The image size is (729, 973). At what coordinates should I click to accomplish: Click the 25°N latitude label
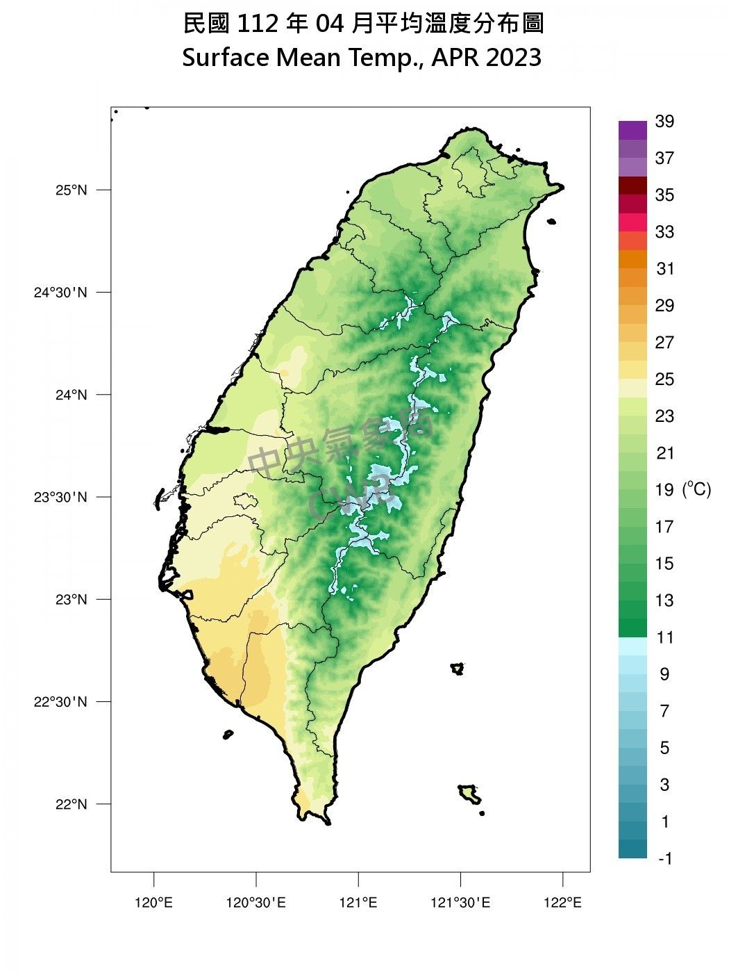pos(72,190)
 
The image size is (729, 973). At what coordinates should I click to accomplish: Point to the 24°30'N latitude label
pos(61,293)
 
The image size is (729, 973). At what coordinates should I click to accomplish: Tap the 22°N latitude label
pos(72,804)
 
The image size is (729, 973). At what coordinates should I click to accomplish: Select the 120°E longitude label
pos(153,903)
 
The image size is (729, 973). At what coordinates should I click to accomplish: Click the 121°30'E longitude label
pos(460,903)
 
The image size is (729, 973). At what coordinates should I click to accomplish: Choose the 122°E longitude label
pos(562,903)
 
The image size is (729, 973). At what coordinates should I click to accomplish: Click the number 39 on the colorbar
pos(664,122)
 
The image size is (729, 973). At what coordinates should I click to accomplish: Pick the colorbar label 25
pos(664,379)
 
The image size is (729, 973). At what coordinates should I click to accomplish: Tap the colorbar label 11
pos(664,637)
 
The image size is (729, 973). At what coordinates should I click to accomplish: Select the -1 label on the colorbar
pos(664,859)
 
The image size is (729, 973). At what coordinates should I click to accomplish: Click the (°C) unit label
pos(696,489)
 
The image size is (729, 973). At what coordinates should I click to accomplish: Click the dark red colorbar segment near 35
pos(632,186)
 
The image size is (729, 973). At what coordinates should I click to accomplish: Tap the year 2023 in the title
pos(514,58)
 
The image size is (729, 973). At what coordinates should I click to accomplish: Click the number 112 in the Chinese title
pos(259,24)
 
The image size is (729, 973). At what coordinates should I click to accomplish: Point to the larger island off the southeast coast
pos(470,794)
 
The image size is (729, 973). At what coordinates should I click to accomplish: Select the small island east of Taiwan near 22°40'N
pos(457,669)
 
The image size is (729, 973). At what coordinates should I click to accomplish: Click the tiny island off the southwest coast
pos(228,735)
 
